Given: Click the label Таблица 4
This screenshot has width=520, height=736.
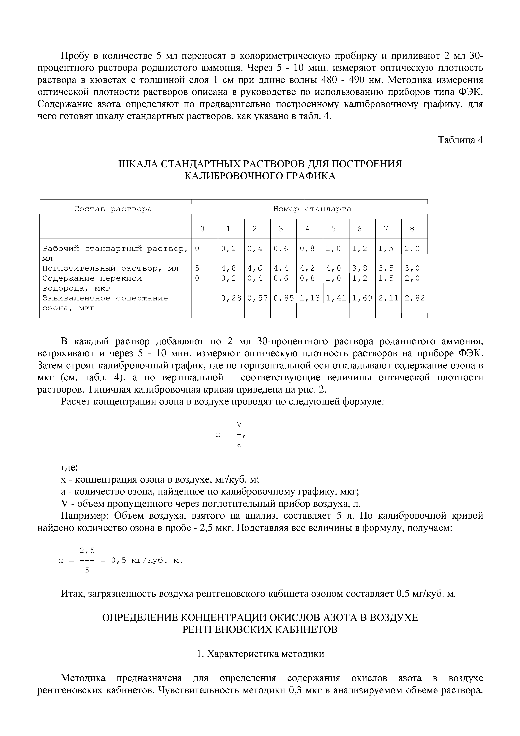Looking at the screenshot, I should click(x=460, y=140).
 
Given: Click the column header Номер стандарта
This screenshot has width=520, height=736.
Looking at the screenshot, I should click(x=312, y=209).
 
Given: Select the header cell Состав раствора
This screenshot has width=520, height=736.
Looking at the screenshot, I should click(x=113, y=209).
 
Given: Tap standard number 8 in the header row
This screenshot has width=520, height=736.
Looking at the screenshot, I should click(x=412, y=229).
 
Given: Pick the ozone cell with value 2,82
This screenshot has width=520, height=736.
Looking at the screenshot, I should click(x=414, y=298).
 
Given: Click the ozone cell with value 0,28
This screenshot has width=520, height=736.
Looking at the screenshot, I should click(x=231, y=298).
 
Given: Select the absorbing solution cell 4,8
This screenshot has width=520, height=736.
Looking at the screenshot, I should click(x=228, y=268).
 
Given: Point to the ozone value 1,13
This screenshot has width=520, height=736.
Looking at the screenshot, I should click(x=309, y=298).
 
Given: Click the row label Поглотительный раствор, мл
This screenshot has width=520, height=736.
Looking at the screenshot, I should click(x=111, y=268).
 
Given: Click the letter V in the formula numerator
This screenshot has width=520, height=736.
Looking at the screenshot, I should click(x=239, y=424).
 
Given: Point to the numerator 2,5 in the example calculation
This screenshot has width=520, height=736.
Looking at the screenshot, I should click(x=87, y=551).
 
